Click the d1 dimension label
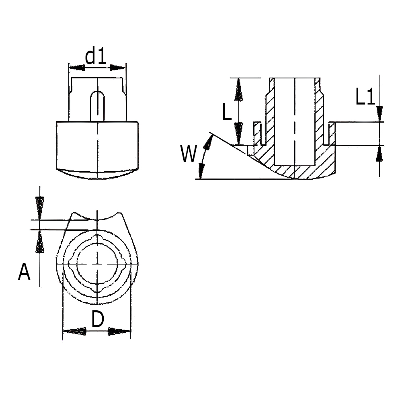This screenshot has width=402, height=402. click(96, 57)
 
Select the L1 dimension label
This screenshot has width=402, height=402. click(365, 96)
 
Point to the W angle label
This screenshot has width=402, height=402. click(189, 154)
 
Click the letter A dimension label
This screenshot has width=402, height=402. click(25, 272)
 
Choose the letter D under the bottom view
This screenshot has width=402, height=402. click(98, 319)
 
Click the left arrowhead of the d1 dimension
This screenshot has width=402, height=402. click(77, 68)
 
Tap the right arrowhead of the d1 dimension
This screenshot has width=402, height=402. click(118, 68)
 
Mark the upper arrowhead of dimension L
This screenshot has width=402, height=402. click(239, 90)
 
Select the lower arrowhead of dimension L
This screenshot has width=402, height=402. click(239, 133)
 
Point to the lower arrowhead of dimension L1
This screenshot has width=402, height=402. click(379, 154)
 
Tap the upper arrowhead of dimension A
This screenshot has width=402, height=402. click(40, 208)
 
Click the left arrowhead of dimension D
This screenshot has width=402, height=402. click(74, 331)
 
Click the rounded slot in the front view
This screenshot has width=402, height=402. click(97, 105)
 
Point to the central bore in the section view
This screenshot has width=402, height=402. click(295, 122)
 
